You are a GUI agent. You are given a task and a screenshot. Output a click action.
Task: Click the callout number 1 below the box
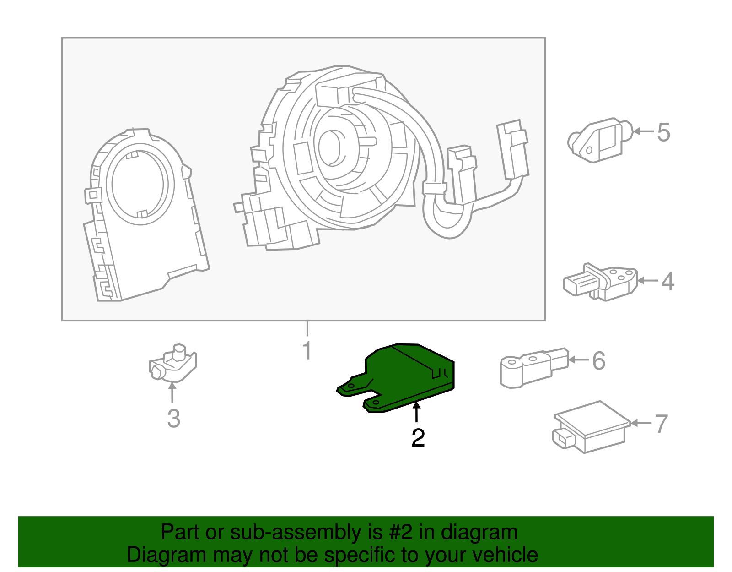[x=307, y=350]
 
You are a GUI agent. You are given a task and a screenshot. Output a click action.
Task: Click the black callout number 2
[x=418, y=438]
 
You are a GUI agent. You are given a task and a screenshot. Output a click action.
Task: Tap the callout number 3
[x=173, y=419]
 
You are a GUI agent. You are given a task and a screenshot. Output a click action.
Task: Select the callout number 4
[x=667, y=281]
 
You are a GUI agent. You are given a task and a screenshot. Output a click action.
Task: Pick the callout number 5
[x=663, y=132]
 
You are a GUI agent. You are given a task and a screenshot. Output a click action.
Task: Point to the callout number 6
[x=598, y=361]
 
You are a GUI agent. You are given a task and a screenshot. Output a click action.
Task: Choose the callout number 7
[x=662, y=424]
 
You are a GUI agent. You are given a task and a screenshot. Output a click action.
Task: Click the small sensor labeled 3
[x=172, y=365]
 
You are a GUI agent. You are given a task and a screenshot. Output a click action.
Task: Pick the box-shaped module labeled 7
[x=590, y=427]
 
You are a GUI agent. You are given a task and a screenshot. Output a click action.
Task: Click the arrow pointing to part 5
[x=643, y=132]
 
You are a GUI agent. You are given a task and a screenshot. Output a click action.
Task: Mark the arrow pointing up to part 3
[x=172, y=393]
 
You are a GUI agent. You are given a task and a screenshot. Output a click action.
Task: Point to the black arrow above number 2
[x=416, y=411]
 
